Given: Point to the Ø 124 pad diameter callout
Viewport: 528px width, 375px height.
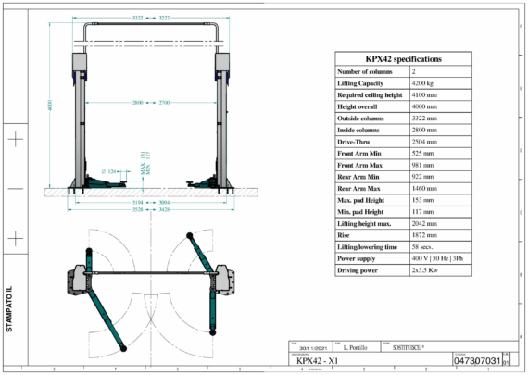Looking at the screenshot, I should [107, 171].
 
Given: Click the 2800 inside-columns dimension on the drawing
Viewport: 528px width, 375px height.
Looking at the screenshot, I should [137, 101].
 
